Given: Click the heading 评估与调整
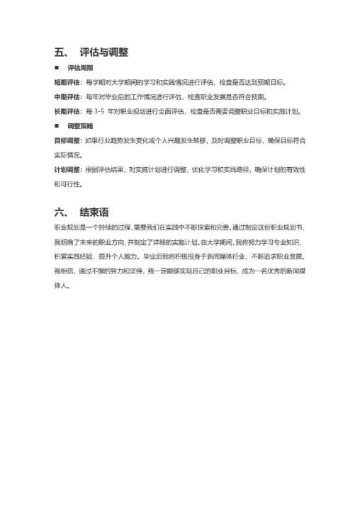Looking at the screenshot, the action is click(103, 52).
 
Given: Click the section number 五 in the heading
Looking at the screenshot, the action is click(60, 52).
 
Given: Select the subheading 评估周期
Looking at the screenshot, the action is click(80, 68).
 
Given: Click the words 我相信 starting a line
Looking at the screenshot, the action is click(64, 271).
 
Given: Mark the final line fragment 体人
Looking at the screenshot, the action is click(61, 285).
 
